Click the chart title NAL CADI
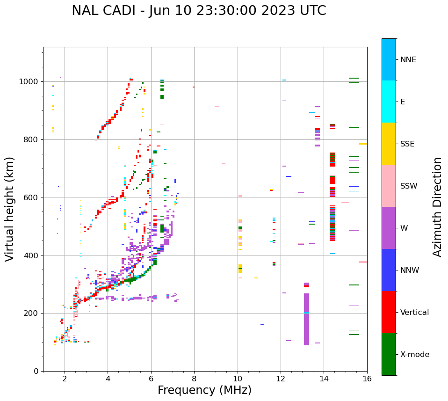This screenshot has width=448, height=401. [x=199, y=11]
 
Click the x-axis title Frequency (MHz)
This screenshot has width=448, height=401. [x=204, y=390]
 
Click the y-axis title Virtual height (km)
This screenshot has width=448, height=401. [x=10, y=209]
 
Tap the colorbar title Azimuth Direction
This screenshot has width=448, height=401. [x=437, y=207]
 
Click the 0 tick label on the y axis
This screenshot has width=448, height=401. [x=36, y=371]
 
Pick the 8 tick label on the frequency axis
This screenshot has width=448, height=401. [x=194, y=379]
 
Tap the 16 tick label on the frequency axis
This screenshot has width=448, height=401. [x=367, y=379]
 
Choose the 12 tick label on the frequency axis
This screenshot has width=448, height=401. [x=281, y=379]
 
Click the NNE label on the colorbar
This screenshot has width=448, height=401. [x=408, y=60]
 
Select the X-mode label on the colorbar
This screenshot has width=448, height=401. [x=414, y=355]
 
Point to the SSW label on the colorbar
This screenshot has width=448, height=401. [x=409, y=186]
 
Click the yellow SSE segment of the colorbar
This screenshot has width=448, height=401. [x=389, y=143]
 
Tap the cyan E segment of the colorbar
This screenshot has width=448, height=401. [x=389, y=101]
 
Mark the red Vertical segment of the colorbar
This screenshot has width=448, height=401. [x=389, y=312]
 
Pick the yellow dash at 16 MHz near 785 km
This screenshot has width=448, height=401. [x=363, y=144]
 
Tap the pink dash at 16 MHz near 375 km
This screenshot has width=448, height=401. [x=363, y=262]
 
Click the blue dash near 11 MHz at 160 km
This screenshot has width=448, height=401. [x=262, y=325]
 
